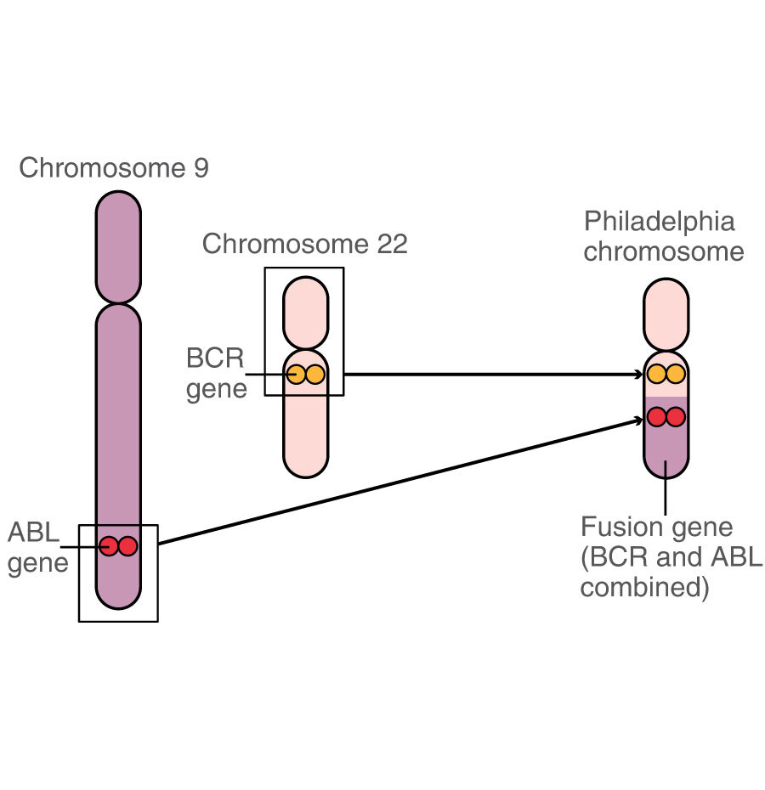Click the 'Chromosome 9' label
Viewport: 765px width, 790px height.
[113, 168]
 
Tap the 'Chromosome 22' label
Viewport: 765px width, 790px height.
[304, 245]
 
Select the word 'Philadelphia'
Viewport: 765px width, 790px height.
[659, 223]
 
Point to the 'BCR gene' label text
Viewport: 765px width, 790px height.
[215, 372]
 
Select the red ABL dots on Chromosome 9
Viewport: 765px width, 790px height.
[118, 546]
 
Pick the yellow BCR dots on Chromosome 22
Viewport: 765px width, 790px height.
[305, 374]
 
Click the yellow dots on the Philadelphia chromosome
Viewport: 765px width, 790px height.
[666, 374]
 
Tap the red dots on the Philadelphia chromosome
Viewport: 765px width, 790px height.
[666, 417]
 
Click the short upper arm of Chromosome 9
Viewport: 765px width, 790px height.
[118, 246]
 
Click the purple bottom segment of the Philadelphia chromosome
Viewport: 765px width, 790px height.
[666, 454]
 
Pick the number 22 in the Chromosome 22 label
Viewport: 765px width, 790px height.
[391, 245]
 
